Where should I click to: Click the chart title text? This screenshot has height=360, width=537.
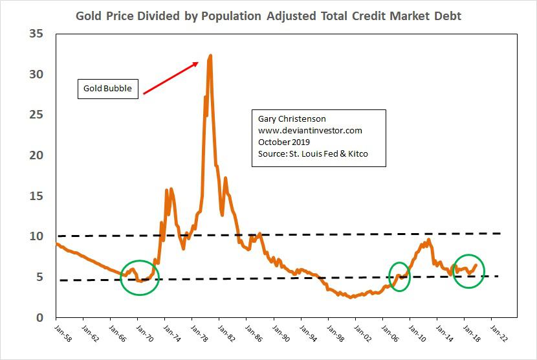click(268, 15)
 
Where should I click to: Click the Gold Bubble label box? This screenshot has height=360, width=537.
click(109, 88)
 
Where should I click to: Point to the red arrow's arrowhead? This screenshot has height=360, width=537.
click(197, 62)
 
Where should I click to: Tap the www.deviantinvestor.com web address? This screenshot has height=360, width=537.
click(309, 131)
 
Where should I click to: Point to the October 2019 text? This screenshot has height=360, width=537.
click(285, 142)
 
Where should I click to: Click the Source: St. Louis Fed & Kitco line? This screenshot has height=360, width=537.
click(312, 153)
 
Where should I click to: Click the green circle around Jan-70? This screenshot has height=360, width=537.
click(139, 277)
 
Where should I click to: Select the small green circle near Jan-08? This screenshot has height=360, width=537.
click(399, 276)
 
